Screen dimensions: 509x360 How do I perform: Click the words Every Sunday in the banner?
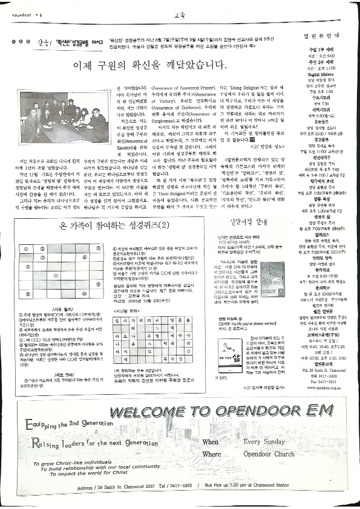tap(264, 441)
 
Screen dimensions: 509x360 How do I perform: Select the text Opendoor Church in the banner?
tap(266, 453)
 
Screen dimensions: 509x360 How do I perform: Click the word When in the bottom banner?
tap(211, 442)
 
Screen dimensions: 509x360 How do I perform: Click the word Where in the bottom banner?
tap(212, 454)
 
